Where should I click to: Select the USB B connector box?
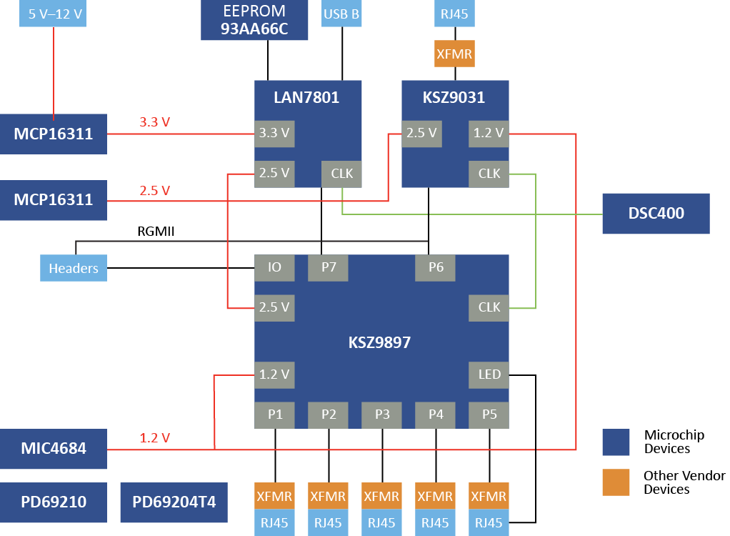click(x=342, y=14)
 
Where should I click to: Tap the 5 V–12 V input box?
click(x=54, y=14)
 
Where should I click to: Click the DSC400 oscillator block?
click(x=656, y=213)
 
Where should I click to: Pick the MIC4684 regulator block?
click(x=54, y=449)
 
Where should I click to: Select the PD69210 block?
click(x=54, y=502)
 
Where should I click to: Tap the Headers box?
click(x=74, y=268)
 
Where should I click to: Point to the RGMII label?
click(x=156, y=232)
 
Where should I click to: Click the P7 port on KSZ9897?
click(x=329, y=267)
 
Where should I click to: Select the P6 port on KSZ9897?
click(x=436, y=267)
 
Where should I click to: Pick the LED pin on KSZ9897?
click(x=489, y=374)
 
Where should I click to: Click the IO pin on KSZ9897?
click(x=275, y=267)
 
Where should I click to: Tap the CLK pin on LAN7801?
click(x=341, y=173)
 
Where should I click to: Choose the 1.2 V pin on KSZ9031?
click(x=489, y=133)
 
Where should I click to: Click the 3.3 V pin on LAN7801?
click(x=275, y=133)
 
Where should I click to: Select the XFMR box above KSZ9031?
click(x=455, y=54)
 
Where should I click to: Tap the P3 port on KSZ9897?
click(x=382, y=415)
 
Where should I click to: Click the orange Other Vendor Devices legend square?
click(x=616, y=482)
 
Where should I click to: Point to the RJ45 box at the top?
click(x=455, y=14)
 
